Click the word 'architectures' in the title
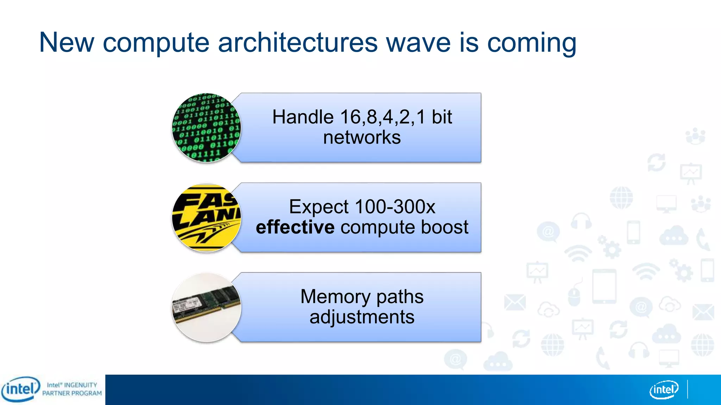[x=298, y=43]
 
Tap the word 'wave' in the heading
[x=418, y=43]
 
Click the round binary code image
[x=207, y=128]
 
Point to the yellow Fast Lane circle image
[x=207, y=218]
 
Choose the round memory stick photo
[x=207, y=307]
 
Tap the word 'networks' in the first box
[x=362, y=137]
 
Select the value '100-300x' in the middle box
[x=395, y=207]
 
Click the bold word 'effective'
[x=295, y=227]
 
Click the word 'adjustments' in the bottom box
[x=362, y=317]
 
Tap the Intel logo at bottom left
[x=20, y=389]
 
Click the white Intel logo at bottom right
[x=664, y=390]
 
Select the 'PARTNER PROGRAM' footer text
[x=72, y=393]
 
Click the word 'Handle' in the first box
[x=303, y=117]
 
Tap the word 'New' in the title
[x=67, y=43]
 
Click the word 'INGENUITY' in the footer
[x=80, y=385]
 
